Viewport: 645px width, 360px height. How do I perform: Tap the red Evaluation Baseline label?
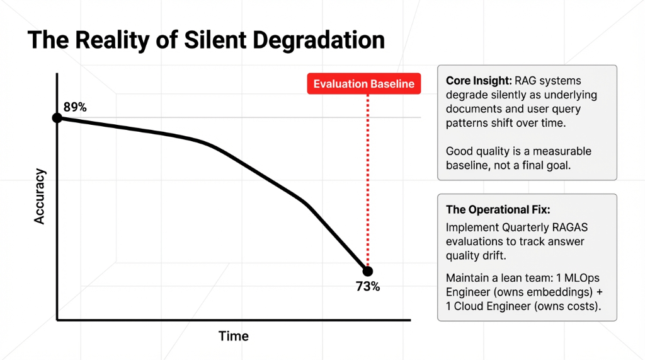point(364,84)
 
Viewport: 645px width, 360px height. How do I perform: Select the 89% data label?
point(75,107)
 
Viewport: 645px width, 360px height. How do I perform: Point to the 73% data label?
point(368,286)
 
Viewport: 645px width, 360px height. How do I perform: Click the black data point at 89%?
point(57,118)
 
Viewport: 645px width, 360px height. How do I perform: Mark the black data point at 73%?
point(367,270)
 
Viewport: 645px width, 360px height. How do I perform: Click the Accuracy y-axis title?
point(40,195)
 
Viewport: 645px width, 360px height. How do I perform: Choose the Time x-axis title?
point(234,336)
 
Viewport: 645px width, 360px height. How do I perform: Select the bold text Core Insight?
point(478,81)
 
